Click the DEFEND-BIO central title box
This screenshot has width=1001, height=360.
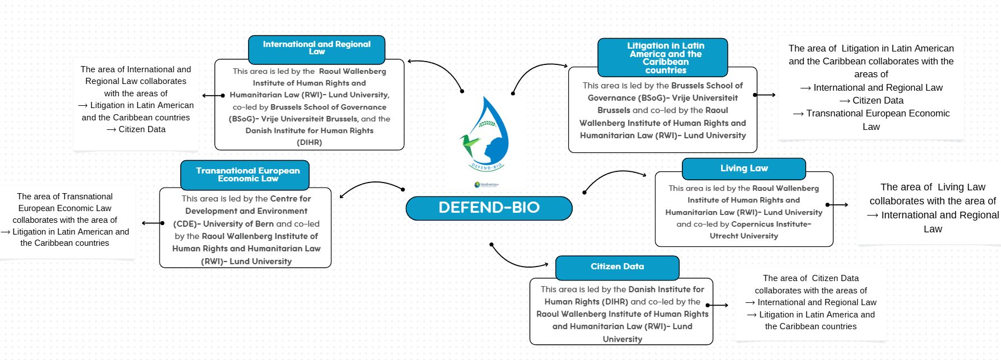click(x=489, y=208)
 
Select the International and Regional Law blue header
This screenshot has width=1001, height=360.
click(x=316, y=48)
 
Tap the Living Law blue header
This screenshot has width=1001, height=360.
click(x=743, y=169)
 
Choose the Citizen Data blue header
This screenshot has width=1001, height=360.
click(x=617, y=267)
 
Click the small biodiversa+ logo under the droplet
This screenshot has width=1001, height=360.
click(x=486, y=184)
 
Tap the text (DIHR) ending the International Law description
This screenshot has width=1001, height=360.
click(x=309, y=143)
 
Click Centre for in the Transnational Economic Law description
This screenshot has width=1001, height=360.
click(x=291, y=199)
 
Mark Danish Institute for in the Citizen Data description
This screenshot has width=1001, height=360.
click(x=666, y=289)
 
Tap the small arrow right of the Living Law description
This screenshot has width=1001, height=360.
click(x=837, y=205)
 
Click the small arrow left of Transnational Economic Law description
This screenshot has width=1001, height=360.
click(x=152, y=223)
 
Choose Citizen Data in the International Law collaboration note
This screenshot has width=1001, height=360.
click(x=142, y=129)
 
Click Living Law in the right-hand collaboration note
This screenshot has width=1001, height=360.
click(x=961, y=187)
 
